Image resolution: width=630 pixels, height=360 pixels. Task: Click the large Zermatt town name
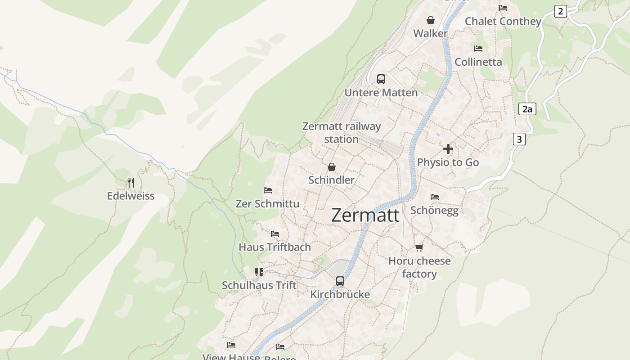(x=365, y=216)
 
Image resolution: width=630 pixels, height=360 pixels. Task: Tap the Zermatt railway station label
(x=342, y=133)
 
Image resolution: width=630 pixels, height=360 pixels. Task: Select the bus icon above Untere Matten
(x=381, y=79)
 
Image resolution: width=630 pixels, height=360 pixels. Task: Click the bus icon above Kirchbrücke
(x=340, y=281)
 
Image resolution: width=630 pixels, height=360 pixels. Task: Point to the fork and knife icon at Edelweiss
(x=131, y=182)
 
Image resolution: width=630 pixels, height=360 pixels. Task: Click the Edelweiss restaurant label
(x=131, y=196)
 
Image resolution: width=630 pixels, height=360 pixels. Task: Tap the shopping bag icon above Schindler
(x=332, y=167)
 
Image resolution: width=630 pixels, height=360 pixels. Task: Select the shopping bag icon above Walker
(x=431, y=20)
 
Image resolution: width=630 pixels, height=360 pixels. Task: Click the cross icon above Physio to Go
(x=448, y=149)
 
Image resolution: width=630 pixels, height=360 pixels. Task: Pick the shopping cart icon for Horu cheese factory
(x=419, y=247)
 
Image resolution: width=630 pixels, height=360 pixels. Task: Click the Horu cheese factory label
(x=419, y=267)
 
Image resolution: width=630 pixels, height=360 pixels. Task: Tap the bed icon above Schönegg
(x=435, y=197)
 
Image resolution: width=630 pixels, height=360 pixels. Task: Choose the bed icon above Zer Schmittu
(x=268, y=190)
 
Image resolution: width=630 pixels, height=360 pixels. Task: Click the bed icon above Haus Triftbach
(x=275, y=234)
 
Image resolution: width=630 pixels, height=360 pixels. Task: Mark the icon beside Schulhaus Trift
(x=259, y=272)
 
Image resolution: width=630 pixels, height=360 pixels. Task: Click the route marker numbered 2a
(x=527, y=109)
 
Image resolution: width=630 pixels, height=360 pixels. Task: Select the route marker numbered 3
(x=519, y=139)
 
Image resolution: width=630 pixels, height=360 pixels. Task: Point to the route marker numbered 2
(x=560, y=11)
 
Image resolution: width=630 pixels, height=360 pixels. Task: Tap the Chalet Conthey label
(x=503, y=21)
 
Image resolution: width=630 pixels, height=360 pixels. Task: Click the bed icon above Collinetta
(x=478, y=48)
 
